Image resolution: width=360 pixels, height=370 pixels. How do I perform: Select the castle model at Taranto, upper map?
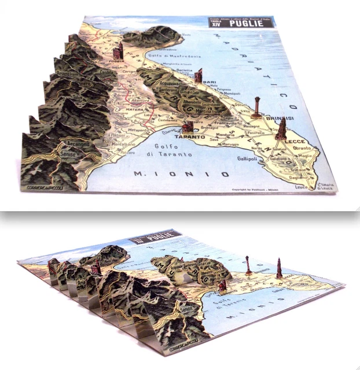[188, 128]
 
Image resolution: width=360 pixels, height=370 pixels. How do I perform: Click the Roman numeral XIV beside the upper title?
[215, 26]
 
